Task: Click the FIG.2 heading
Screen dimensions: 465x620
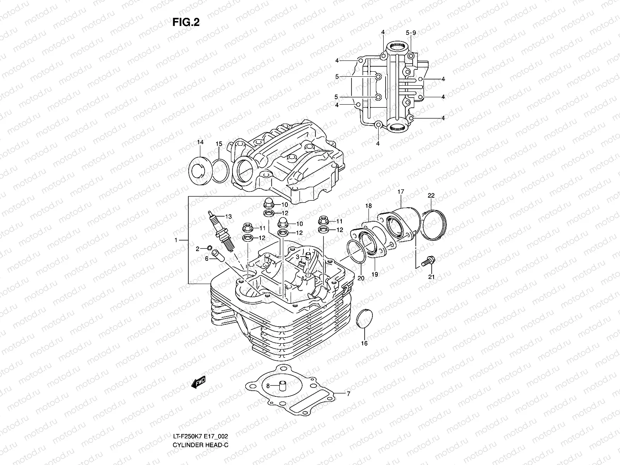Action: click(x=186, y=22)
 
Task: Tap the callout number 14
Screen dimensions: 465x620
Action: click(x=200, y=142)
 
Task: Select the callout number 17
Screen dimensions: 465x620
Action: click(x=401, y=192)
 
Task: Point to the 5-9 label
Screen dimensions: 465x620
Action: click(x=411, y=33)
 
